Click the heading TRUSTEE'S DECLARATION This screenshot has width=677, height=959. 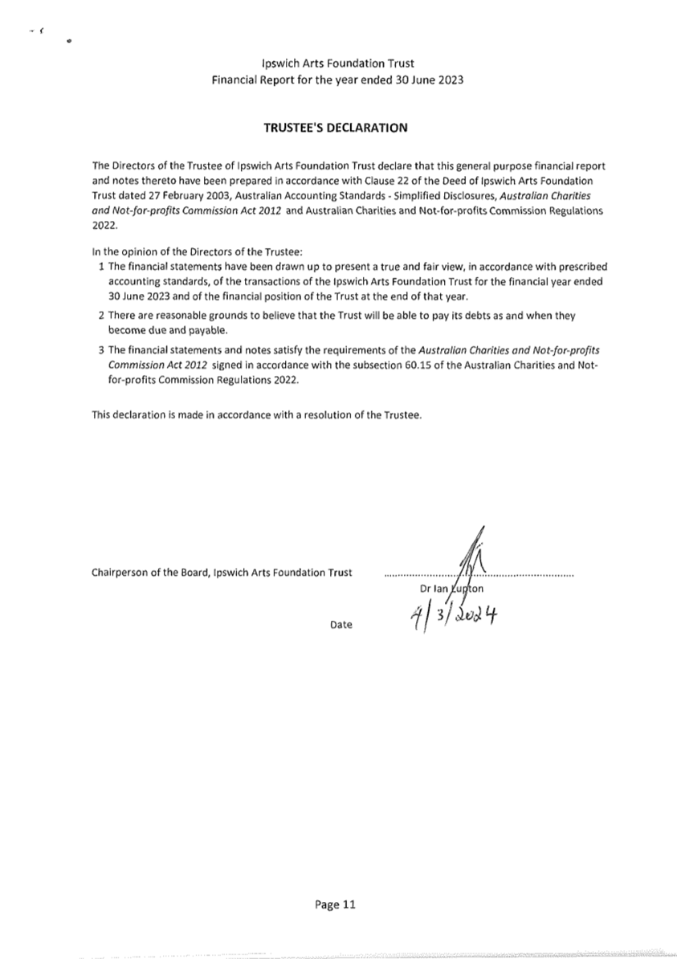pos(336,127)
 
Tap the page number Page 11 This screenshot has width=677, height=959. pos(336,904)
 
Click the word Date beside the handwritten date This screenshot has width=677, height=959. pos(341,624)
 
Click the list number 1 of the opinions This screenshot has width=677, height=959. pos(101,266)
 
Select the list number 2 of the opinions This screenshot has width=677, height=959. pos(101,316)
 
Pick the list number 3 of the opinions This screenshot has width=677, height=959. pos(101,352)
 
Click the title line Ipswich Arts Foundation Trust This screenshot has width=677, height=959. pos(337,63)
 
